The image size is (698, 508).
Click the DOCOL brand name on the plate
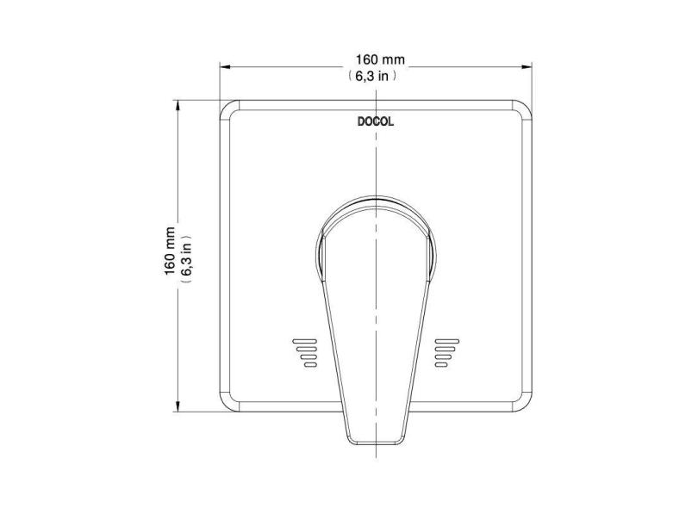pos(376,121)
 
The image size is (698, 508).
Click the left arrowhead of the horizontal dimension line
pos(224,66)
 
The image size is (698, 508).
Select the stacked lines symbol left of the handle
pos(306,351)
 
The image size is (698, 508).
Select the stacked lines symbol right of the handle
pos(445,351)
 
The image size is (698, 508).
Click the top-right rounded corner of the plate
pos(520,110)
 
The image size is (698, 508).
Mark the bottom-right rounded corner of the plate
pos(520,401)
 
